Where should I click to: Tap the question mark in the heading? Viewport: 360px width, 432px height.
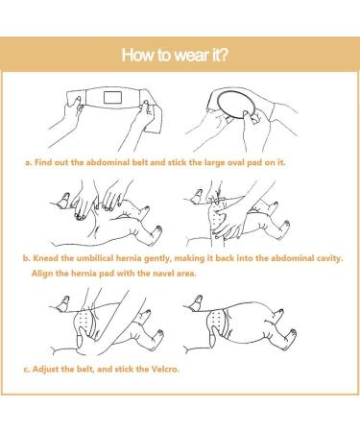pyautogui.click(x=223, y=55)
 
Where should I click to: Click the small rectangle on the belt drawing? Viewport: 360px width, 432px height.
pyautogui.click(x=112, y=97)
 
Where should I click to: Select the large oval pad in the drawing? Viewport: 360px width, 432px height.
pyautogui.click(x=236, y=105)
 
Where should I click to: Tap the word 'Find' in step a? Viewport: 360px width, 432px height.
pyautogui.click(x=43, y=162)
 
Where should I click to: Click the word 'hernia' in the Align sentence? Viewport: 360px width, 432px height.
pyautogui.click(x=84, y=274)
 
